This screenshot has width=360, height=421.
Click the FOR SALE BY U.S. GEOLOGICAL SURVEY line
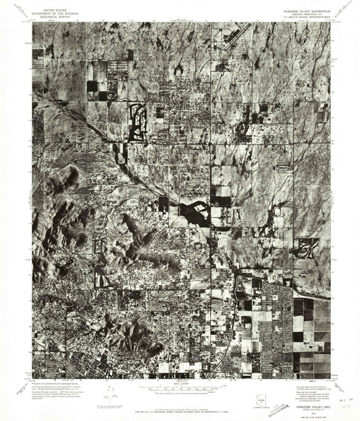coord(180,407)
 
